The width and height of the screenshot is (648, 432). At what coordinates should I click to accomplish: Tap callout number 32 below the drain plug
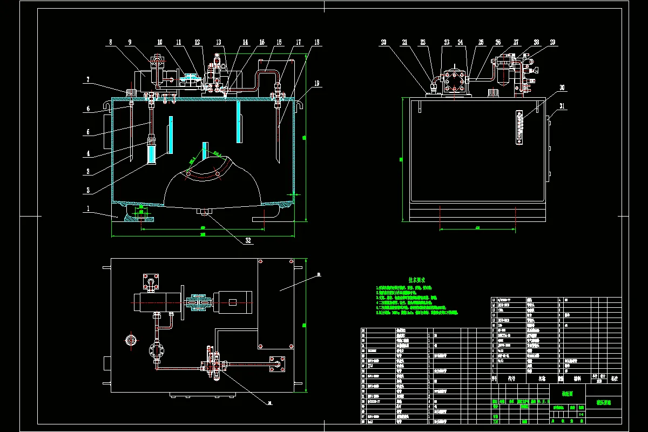coord(248,241)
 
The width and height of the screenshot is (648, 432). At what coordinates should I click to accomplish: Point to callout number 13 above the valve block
coord(218,42)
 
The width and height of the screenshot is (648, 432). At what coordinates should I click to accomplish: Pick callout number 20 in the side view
coord(384,42)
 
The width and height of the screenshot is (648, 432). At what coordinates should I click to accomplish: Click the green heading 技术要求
coord(417,280)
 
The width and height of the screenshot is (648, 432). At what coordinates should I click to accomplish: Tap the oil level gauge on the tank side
coord(520,127)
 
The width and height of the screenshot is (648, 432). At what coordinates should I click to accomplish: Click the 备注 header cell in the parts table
coord(613,379)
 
